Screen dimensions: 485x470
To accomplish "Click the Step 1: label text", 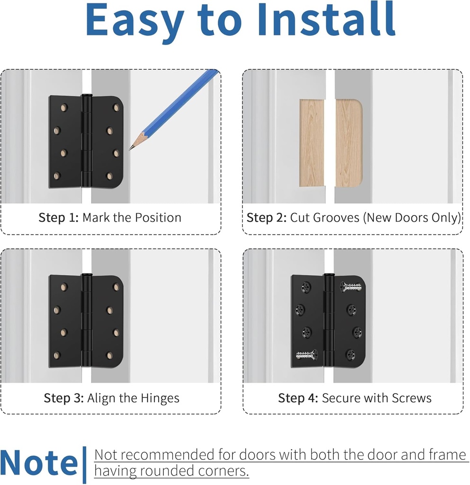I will pyautogui.click(x=59, y=218).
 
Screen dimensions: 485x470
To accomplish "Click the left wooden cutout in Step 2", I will pyautogui.click(x=312, y=143).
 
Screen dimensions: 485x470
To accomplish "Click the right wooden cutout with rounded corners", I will pyautogui.click(x=348, y=143).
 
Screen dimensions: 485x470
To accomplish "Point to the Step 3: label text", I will pyautogui.click(x=64, y=398).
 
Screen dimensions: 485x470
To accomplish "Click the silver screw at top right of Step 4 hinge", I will pyautogui.click(x=351, y=287).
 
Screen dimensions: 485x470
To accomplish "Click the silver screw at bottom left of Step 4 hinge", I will pyautogui.click(x=306, y=354).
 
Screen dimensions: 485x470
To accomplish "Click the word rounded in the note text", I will pyautogui.click(x=151, y=471).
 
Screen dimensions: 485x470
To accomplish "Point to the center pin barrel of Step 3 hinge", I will pyautogui.click(x=87, y=321).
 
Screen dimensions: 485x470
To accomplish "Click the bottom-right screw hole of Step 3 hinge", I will pyautogui.click(x=110, y=355).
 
